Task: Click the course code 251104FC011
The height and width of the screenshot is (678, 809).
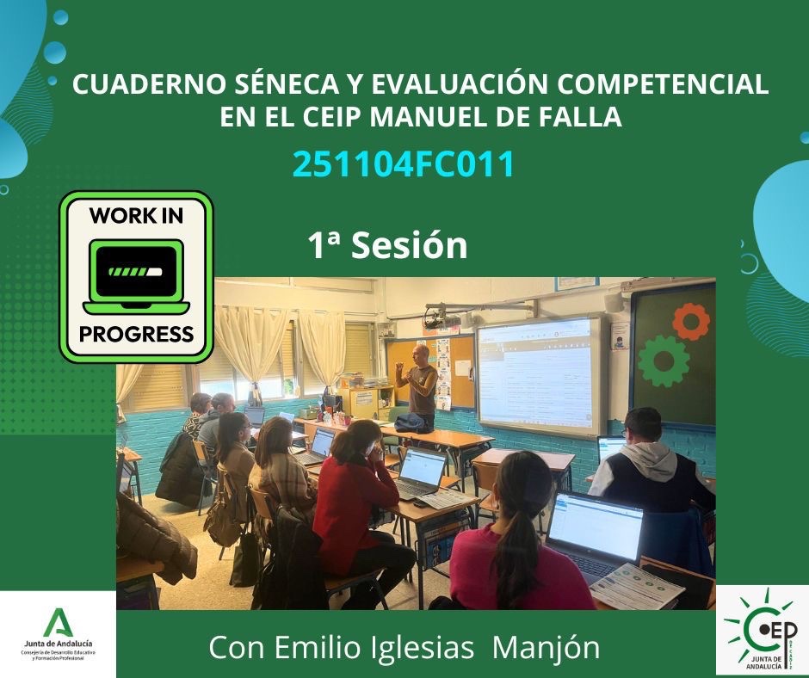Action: (404, 164)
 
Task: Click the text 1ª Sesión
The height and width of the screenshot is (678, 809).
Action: (388, 246)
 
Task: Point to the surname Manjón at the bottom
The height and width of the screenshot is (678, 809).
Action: (546, 647)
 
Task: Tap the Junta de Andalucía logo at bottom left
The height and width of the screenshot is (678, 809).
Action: (58, 632)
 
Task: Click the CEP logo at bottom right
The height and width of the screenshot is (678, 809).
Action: (762, 631)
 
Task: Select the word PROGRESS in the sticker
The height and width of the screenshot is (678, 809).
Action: (136, 334)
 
